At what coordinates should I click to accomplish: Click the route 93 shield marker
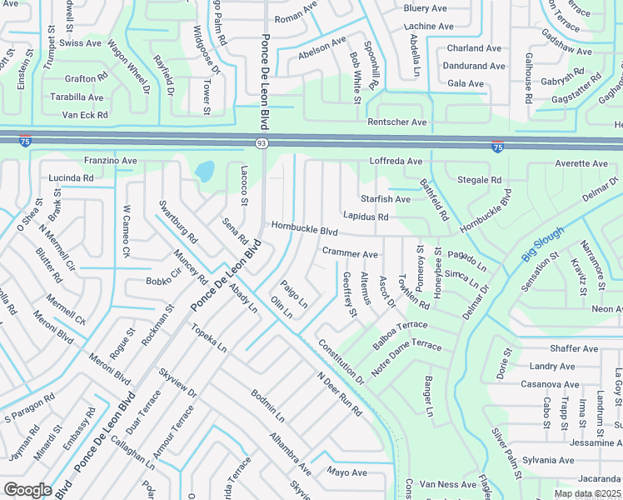coord(262,144)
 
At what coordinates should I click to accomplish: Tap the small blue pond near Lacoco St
coord(204,171)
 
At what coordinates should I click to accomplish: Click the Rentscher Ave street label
coord(397,122)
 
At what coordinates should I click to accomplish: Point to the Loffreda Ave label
coord(396,161)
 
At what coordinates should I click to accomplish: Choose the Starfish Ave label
coord(386,199)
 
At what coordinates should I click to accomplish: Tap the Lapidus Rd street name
coord(366,217)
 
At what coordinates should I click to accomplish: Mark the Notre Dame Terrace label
coord(406,356)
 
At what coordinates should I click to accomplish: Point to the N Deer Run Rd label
coord(339,394)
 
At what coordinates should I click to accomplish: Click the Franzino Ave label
coord(110,160)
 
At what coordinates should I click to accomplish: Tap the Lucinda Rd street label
coord(71,178)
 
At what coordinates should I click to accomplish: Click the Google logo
coord(27,489)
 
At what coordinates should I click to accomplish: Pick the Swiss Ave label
coord(81,42)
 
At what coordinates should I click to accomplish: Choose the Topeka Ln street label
coord(209,342)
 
